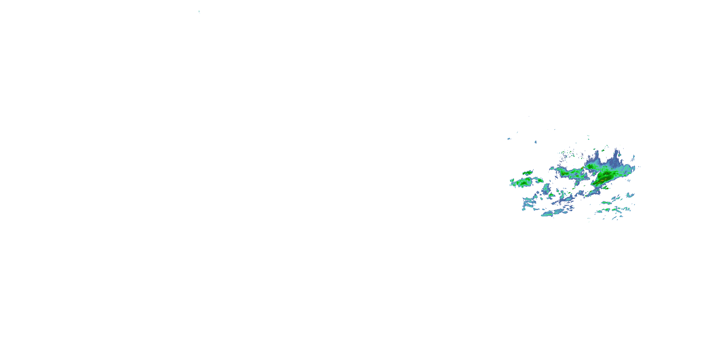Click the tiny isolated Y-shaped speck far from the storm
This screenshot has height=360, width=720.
click(x=199, y=12)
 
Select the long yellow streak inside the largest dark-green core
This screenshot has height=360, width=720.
click(x=601, y=181)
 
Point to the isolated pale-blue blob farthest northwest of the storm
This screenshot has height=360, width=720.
click(x=509, y=139)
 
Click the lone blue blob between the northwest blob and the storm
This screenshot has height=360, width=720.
click(x=535, y=142)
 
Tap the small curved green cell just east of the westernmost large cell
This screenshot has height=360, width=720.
click(x=539, y=180)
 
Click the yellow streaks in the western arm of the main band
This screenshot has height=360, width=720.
click(x=564, y=174)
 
